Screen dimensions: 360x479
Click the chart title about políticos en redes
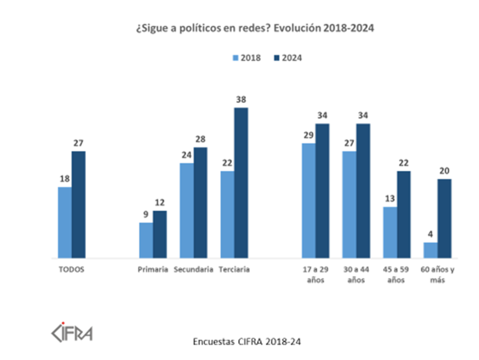tap(254, 29)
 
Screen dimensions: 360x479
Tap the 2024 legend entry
tap(287, 58)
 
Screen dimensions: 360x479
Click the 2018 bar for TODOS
tap(65, 222)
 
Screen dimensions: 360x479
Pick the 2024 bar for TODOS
tap(79, 204)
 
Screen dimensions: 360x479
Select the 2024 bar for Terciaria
tap(241, 182)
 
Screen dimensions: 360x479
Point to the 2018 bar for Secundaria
tap(187, 210)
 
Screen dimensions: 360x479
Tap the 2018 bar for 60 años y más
tap(431, 250)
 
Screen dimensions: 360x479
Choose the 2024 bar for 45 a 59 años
tap(404, 214)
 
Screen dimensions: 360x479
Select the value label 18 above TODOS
tap(65, 180)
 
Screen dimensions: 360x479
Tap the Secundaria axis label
tap(194, 270)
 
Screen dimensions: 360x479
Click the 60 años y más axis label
tap(437, 275)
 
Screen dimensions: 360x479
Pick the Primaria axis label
tap(152, 270)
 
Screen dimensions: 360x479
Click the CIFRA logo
tap(72, 330)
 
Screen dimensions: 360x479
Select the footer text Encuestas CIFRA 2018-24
tap(247, 341)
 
